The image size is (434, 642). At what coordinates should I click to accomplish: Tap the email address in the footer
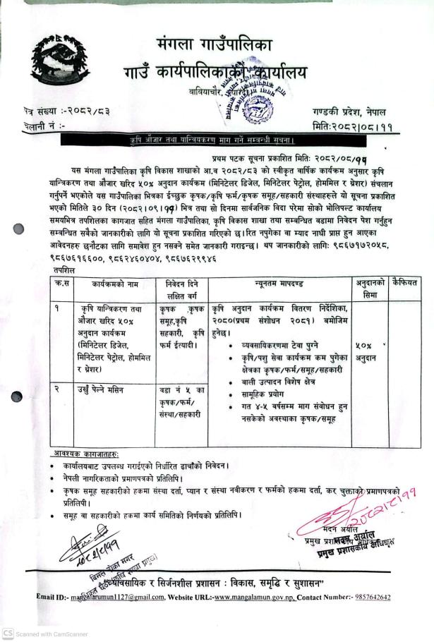(x=121, y=598)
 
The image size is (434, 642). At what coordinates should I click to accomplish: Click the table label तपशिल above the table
(x=64, y=270)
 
